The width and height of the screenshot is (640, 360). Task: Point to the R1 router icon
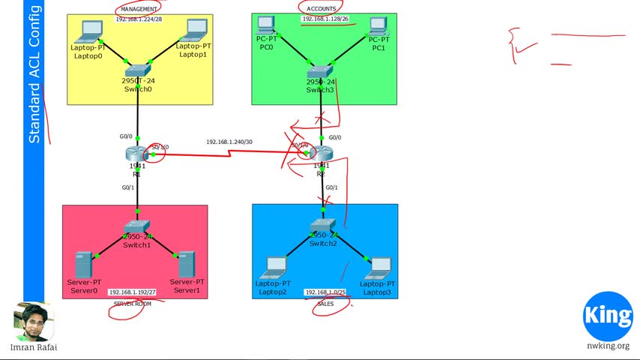[137, 154]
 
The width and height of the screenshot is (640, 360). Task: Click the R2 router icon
[321, 154]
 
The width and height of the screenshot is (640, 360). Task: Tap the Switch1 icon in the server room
[137, 226]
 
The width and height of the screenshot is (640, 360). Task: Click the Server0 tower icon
[83, 265]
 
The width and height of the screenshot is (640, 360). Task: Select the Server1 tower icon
[187, 265]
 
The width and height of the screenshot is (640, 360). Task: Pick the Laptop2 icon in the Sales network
[275, 266]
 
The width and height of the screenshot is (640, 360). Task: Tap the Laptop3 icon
[380, 266]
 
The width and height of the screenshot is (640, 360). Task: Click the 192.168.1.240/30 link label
[229, 142]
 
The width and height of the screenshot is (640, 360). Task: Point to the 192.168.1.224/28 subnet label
[139, 19]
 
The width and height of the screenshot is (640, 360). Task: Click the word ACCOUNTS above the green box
[321, 8]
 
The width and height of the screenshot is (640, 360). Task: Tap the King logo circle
[608, 315]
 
